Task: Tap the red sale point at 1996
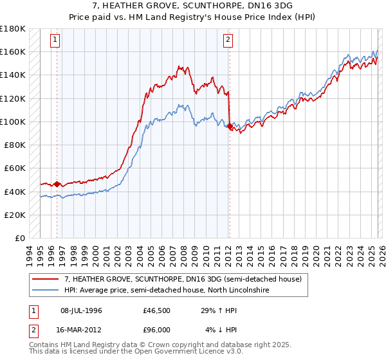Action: click(57, 184)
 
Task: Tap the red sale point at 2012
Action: click(230, 127)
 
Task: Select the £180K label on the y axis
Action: click(13, 29)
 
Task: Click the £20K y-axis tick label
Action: click(15, 215)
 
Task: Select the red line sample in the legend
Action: click(46, 279)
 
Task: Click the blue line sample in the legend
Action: click(46, 291)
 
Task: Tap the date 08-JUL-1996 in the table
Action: click(81, 310)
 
